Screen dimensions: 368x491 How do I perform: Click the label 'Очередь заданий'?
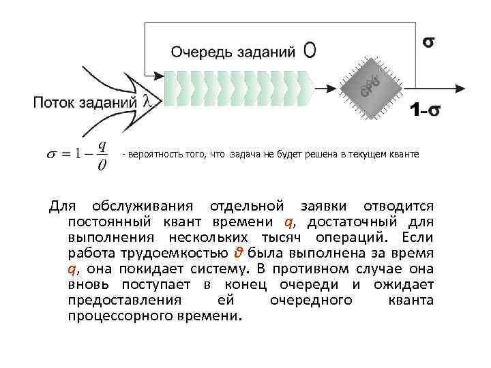[x=233, y=51]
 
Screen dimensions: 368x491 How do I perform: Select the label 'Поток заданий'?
[x=85, y=103]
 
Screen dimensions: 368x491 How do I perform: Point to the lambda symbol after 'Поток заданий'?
[x=149, y=102]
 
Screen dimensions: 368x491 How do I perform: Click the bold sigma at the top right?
[x=429, y=42]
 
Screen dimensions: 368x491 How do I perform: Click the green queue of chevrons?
[x=236, y=86]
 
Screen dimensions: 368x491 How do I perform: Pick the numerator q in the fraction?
[x=102, y=145]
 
